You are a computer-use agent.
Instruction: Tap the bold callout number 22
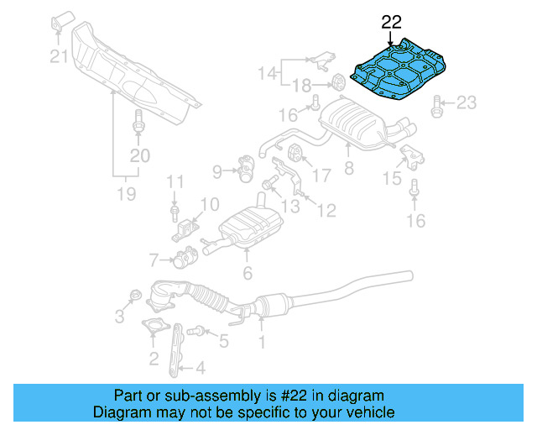(x=392, y=22)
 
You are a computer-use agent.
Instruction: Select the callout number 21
(x=58, y=57)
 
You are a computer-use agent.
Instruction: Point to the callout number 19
(x=126, y=195)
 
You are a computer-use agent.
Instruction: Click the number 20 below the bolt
(x=139, y=155)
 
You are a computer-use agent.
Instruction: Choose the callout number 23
(x=466, y=103)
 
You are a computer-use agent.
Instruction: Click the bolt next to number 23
(x=438, y=105)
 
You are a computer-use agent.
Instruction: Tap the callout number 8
(x=349, y=168)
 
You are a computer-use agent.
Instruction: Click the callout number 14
(x=268, y=73)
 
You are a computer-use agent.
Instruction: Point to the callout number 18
(x=302, y=84)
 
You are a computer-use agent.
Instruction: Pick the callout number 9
(x=217, y=172)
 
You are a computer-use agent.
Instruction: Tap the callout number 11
(x=174, y=181)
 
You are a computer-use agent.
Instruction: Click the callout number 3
(x=120, y=316)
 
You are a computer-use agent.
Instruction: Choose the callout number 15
(x=392, y=178)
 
